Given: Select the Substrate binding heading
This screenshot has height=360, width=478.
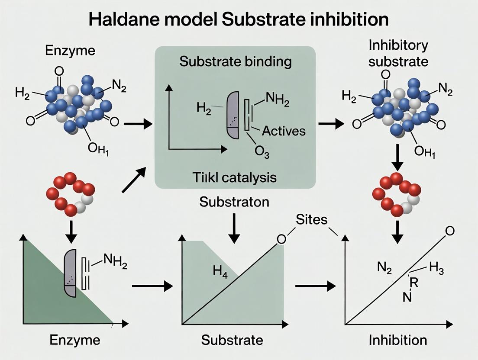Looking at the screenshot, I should click(236, 61).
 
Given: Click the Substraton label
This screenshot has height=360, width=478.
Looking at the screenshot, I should click(234, 202).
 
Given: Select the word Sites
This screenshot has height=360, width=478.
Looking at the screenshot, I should click(311, 220).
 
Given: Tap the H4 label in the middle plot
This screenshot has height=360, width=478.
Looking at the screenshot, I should click(220, 272).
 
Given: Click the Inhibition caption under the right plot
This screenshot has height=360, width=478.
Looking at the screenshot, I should click(397, 340).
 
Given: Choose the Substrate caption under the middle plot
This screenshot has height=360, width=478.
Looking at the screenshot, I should click(232, 340).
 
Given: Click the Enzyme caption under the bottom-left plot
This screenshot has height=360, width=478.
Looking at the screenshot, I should click(75, 340).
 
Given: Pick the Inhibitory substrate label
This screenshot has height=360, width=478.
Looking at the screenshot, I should click(398, 53).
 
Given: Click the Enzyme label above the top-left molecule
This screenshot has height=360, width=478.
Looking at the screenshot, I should click(70, 51).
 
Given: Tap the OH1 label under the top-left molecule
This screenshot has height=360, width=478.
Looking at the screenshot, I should click(97, 148).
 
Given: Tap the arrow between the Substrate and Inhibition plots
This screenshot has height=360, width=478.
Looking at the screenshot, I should click(315, 286).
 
